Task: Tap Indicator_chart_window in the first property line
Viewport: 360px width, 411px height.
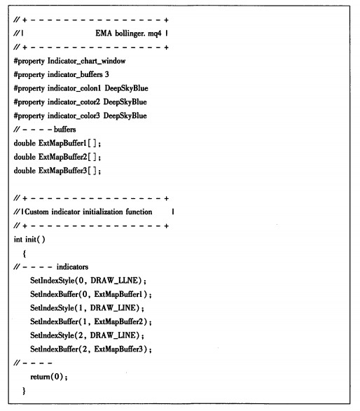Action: [87, 61]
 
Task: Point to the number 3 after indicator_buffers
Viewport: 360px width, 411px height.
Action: [106, 74]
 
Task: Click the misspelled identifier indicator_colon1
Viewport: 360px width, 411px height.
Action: [74, 88]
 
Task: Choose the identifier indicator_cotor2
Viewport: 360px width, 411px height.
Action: [74, 102]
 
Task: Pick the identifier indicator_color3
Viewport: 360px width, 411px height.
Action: [74, 116]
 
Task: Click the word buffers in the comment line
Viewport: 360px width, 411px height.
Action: [64, 130]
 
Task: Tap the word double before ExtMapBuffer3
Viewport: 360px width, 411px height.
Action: [25, 170]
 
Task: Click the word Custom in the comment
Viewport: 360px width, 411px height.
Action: [36, 211]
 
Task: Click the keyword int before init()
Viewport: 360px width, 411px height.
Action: [18, 239]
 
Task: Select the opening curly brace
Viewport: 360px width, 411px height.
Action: [25, 253]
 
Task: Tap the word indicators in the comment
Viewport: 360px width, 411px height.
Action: [72, 267]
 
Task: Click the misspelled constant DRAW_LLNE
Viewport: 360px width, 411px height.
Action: [114, 281]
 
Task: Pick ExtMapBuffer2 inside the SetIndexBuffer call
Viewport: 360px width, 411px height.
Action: [119, 321]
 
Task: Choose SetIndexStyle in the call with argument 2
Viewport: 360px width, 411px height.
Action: [52, 335]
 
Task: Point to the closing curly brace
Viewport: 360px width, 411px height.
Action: [24, 391]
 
